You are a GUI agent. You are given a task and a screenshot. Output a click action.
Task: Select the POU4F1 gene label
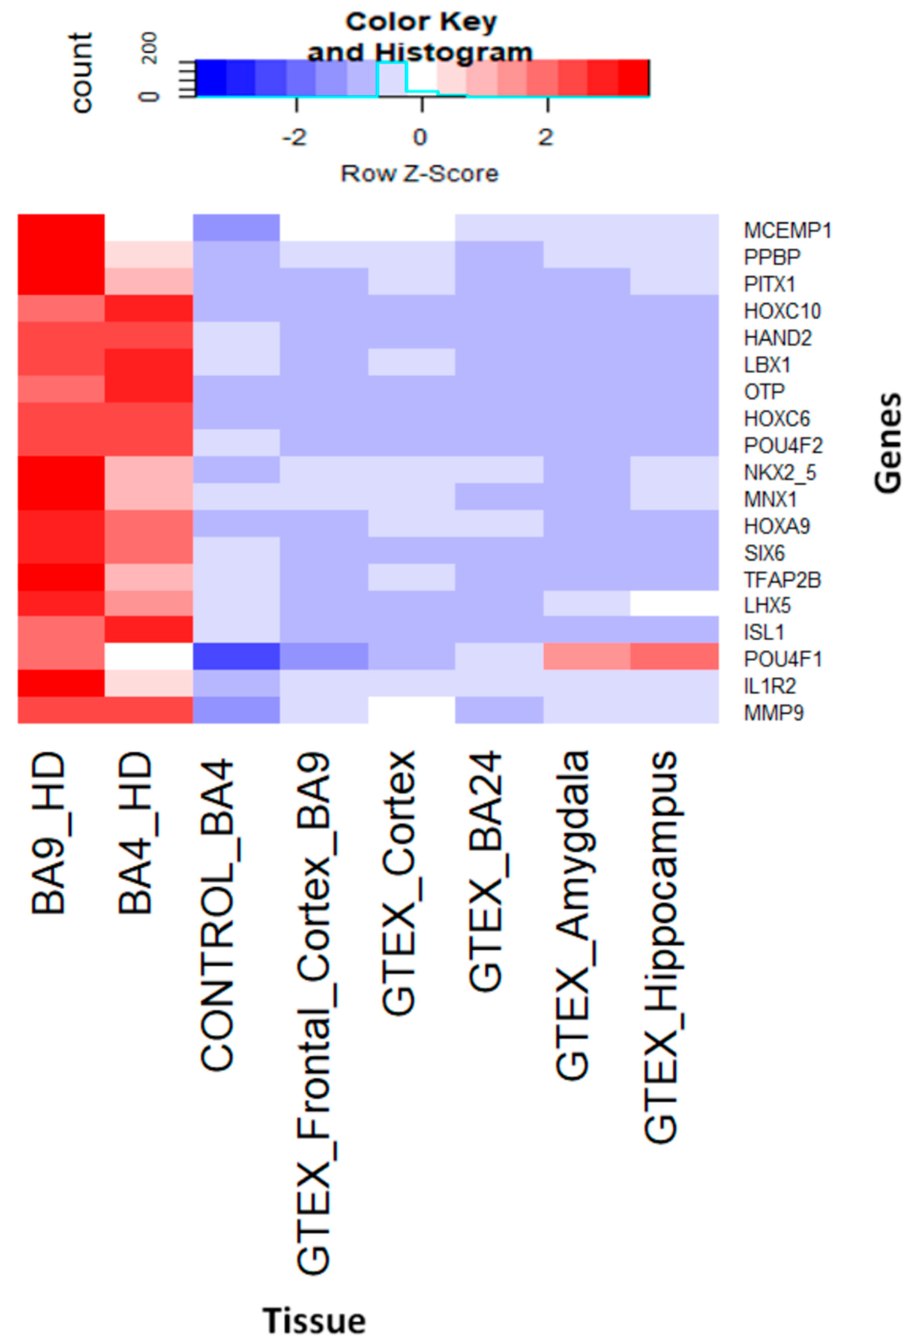783,659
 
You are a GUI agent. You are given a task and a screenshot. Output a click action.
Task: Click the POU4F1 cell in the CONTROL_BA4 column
236,656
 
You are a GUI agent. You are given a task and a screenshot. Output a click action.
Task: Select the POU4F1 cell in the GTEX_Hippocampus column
674,656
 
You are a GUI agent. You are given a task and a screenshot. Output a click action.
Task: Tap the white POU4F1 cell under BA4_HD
148,656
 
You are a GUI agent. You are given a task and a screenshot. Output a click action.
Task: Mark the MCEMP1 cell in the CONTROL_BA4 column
236,228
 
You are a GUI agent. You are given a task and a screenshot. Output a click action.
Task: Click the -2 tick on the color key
296,137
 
